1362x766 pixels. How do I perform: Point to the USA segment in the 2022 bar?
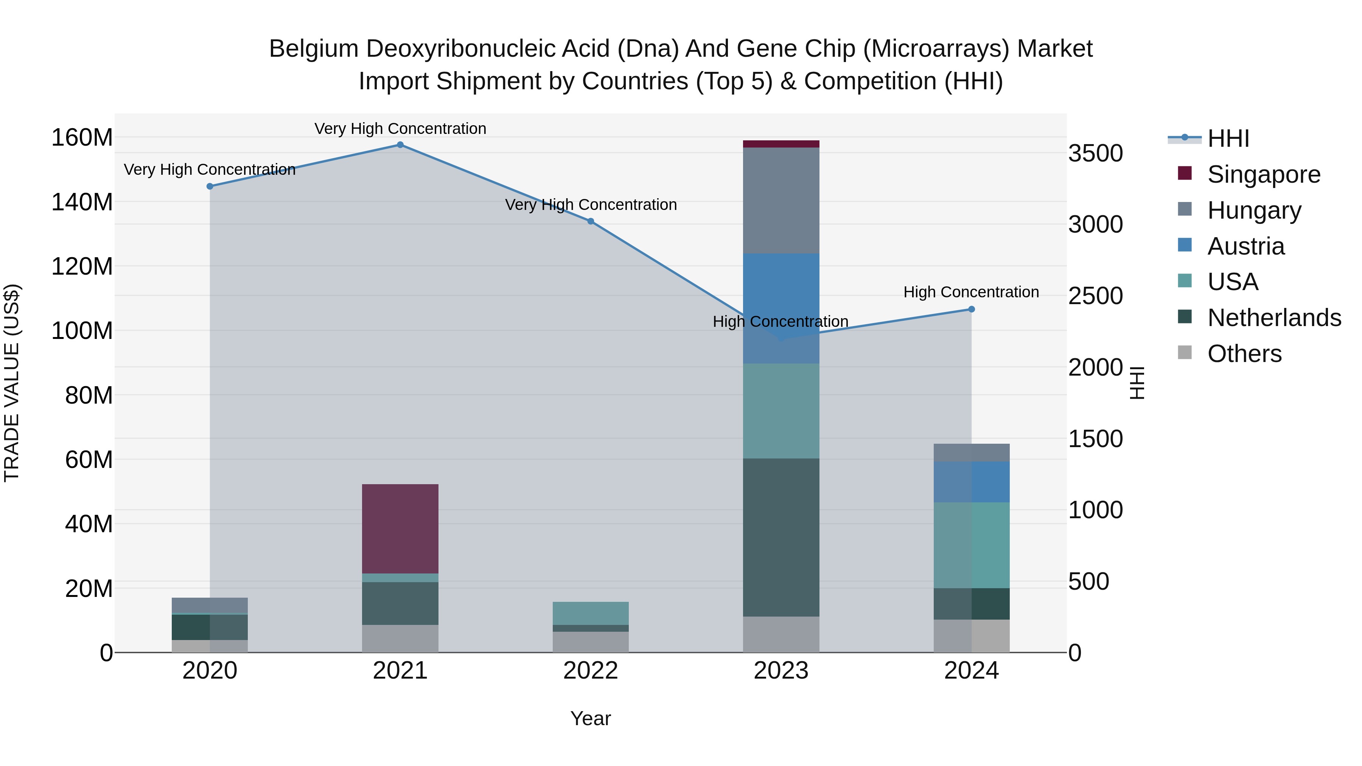pyautogui.click(x=591, y=613)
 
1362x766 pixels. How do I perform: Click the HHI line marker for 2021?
pyautogui.click(x=400, y=145)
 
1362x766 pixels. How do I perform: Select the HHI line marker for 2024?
pyautogui.click(x=971, y=309)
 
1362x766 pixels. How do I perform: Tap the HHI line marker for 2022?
pyautogui.click(x=591, y=222)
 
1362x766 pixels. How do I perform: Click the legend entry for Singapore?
pyautogui.click(x=1264, y=174)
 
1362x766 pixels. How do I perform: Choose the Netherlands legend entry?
pyautogui.click(x=1274, y=318)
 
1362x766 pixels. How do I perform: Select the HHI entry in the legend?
pyautogui.click(x=1228, y=138)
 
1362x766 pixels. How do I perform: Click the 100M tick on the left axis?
pyautogui.click(x=82, y=331)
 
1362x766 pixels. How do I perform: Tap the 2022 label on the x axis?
pyautogui.click(x=591, y=671)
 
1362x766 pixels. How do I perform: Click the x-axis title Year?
pyautogui.click(x=591, y=718)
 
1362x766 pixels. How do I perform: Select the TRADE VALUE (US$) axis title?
pyautogui.click(x=12, y=383)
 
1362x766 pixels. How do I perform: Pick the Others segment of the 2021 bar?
pyautogui.click(x=400, y=638)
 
